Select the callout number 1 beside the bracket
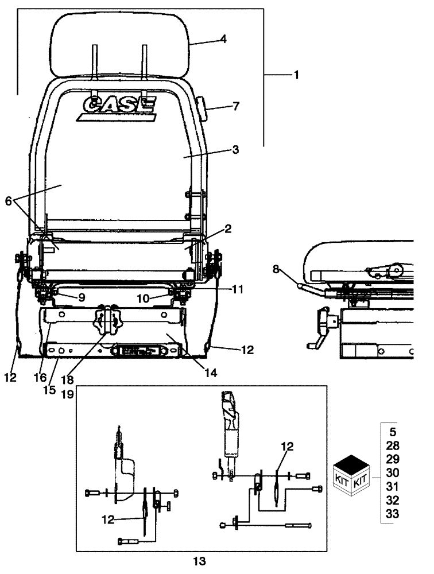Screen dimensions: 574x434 [296, 75]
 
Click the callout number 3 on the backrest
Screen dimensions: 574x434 [236, 149]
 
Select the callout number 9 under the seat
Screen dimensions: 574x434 [82, 297]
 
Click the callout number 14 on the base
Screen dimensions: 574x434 [210, 373]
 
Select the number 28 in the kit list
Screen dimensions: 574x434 [393, 445]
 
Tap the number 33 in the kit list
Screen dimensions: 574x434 [393, 514]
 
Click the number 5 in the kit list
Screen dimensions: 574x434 [393, 432]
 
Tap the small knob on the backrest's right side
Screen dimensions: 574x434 [203, 107]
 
